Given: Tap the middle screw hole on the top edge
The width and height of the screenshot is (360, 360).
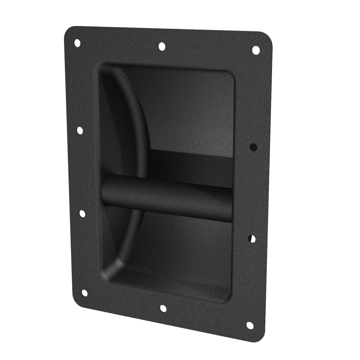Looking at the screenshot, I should coord(161,46).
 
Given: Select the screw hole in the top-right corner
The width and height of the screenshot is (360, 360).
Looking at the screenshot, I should coord(256,50).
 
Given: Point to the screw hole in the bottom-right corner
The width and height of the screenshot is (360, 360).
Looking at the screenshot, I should coord(249,325).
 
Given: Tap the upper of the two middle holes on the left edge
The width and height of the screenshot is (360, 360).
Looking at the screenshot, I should coord(80,130).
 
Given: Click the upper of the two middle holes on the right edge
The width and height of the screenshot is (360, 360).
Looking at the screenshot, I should coord(253,147).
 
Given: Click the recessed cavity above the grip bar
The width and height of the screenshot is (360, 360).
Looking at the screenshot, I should coord(191,112).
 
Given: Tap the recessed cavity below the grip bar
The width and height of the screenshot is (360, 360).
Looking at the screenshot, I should coord(186,253).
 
